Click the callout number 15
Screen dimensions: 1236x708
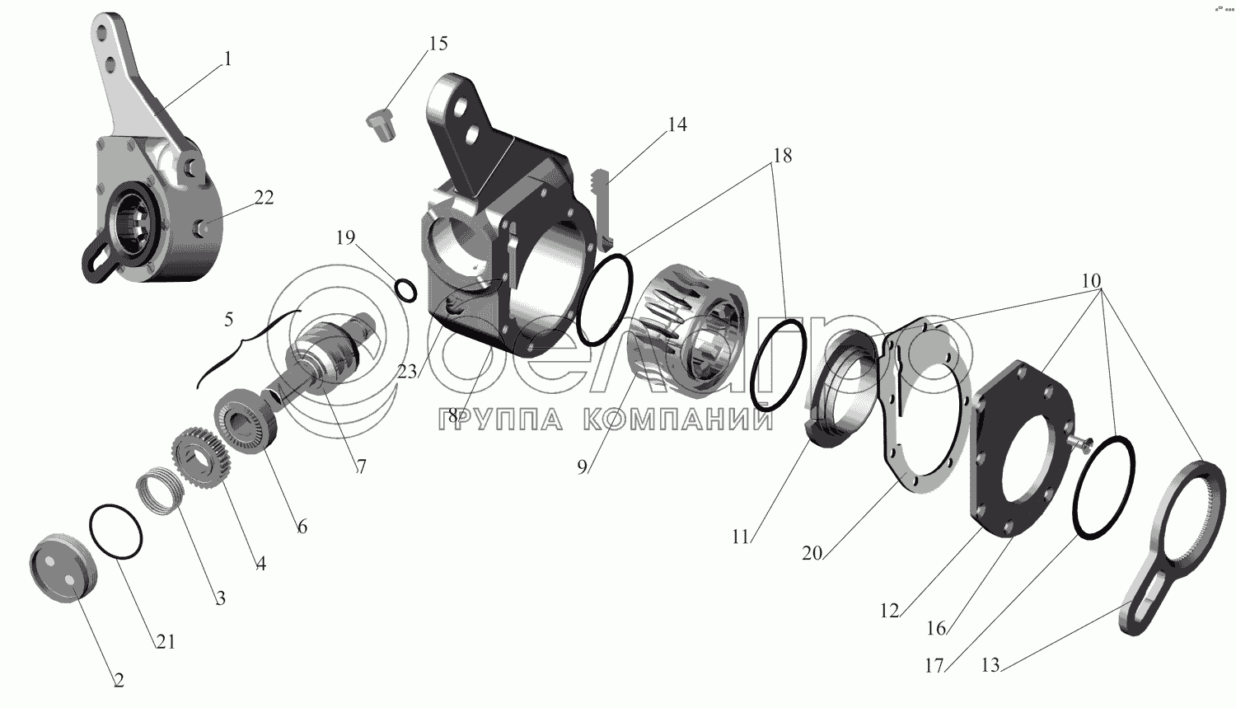click(x=438, y=43)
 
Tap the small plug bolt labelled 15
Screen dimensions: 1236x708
click(x=381, y=125)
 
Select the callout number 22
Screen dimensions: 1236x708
click(x=264, y=198)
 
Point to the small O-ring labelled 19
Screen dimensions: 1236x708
click(x=405, y=290)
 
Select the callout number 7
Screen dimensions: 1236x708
click(x=360, y=467)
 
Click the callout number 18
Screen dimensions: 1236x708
click(x=783, y=156)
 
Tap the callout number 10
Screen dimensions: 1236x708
click(x=1091, y=281)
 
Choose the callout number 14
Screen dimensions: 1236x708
click(x=677, y=124)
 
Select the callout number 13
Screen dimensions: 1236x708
click(x=990, y=665)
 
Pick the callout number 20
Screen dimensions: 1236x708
click(x=812, y=553)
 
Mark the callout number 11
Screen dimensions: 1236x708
click(x=741, y=537)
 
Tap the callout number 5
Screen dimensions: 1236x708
click(x=228, y=320)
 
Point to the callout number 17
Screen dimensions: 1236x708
click(x=934, y=666)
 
